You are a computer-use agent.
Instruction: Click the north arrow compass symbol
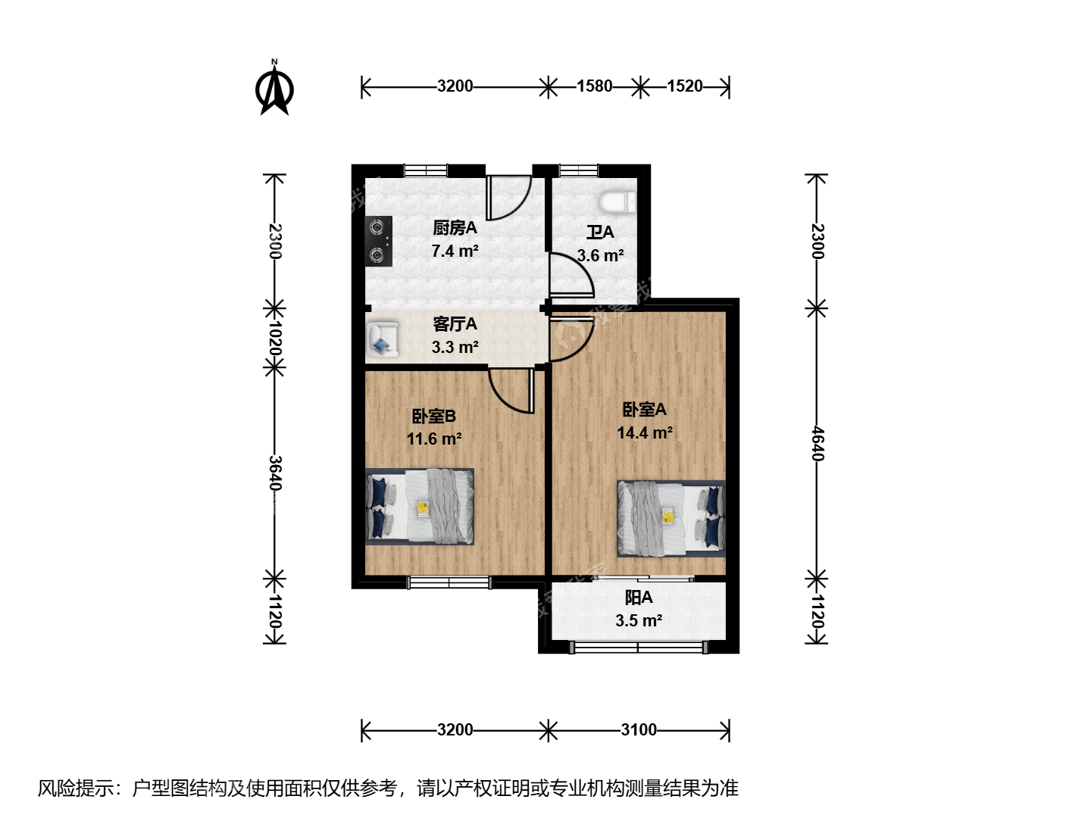[274, 89]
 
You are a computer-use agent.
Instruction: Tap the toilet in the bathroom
[617, 203]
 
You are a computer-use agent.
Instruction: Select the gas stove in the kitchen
[379, 241]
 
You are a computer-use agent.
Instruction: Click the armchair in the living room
[383, 339]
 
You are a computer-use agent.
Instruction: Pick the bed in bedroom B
[420, 507]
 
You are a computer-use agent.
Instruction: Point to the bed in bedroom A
[671, 519]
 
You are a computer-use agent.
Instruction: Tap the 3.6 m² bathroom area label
[600, 256]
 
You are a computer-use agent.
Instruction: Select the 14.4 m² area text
[645, 433]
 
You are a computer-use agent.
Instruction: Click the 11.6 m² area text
[434, 439]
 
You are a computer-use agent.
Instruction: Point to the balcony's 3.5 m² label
[639, 621]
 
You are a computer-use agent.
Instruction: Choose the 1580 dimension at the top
[595, 86]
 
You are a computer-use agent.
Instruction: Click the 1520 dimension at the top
[685, 86]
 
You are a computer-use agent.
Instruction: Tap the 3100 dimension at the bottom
[639, 730]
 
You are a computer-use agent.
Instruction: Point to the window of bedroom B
[449, 582]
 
